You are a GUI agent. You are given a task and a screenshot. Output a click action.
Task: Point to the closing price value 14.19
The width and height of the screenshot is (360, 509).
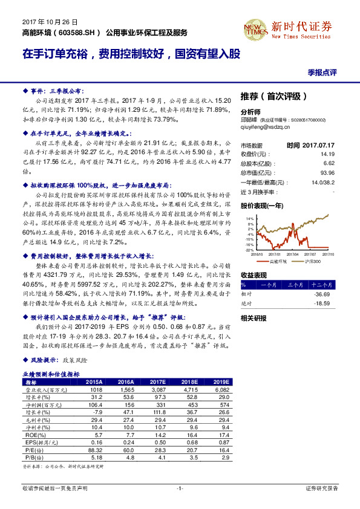[328, 154]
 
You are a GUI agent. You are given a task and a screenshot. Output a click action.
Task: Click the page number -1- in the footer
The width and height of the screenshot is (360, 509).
[180, 488]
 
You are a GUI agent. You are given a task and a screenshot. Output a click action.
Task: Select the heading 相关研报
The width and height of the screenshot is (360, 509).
[254, 318]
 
